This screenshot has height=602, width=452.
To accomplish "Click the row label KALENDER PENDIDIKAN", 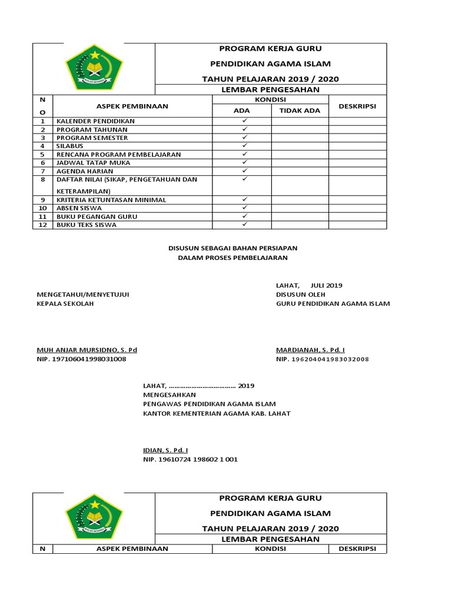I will point(95,121).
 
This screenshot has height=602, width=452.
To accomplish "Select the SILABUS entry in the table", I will point(69,145).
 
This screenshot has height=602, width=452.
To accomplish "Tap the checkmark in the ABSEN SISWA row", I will point(244,208).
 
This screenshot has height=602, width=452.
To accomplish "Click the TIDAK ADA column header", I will point(299,111).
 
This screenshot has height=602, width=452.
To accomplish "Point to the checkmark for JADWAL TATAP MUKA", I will point(244,162).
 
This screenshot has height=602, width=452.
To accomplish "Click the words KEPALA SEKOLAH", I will point(65,303).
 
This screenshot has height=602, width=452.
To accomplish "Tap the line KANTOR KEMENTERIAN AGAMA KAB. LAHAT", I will point(217,413).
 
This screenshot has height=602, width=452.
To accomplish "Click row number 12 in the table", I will point(43,225).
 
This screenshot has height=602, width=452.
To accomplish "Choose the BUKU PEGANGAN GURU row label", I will point(97,216).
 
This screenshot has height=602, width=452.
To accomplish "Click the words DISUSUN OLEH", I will point(300,295).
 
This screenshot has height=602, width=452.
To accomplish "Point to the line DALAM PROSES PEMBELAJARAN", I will point(234,257).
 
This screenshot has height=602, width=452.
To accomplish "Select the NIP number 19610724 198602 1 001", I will point(191,459).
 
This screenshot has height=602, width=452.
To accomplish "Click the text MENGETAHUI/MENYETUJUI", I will point(83,295).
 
